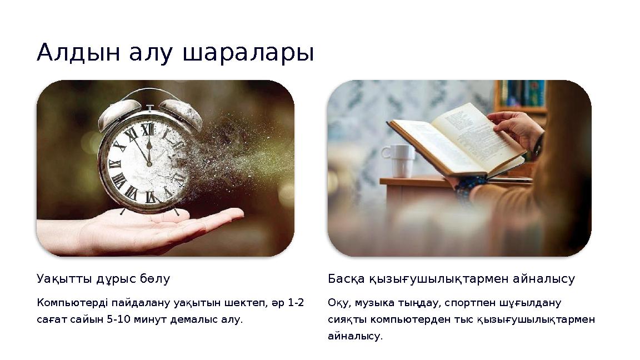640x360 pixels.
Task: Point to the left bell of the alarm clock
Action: pyautogui.click(x=118, y=113)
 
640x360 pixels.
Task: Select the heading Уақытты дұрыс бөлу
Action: pyautogui.click(x=103, y=279)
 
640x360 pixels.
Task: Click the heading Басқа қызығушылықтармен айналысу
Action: pyautogui.click(x=451, y=279)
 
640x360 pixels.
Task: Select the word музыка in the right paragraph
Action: pyautogui.click(x=369, y=303)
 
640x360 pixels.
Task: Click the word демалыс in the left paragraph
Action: pyautogui.click(x=203, y=320)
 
